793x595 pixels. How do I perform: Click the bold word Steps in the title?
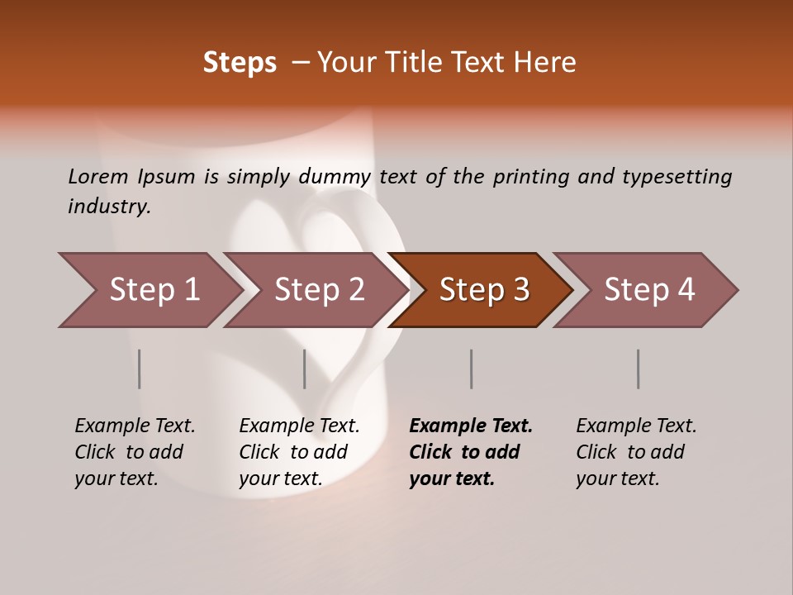[x=240, y=63]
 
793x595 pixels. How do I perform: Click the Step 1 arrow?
[x=153, y=290]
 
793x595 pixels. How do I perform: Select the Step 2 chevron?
[x=319, y=290]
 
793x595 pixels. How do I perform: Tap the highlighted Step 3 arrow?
[x=484, y=290]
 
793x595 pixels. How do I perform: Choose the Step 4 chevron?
[x=649, y=290]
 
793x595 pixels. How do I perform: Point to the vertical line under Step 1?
[x=140, y=369]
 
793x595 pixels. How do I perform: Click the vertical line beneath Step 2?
[x=305, y=369]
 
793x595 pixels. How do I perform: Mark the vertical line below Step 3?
[x=472, y=369]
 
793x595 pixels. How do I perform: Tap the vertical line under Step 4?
[x=639, y=369]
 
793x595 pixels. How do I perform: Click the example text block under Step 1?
[x=135, y=452]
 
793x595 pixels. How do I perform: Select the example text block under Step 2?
[x=299, y=452]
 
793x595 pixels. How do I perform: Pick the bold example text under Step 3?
[x=471, y=452]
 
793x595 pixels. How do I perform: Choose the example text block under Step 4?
[x=636, y=452]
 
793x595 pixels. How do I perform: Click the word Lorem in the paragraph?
[x=97, y=176]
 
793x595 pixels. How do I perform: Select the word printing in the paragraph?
[x=531, y=177]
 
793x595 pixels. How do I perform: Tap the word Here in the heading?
[x=548, y=63]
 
